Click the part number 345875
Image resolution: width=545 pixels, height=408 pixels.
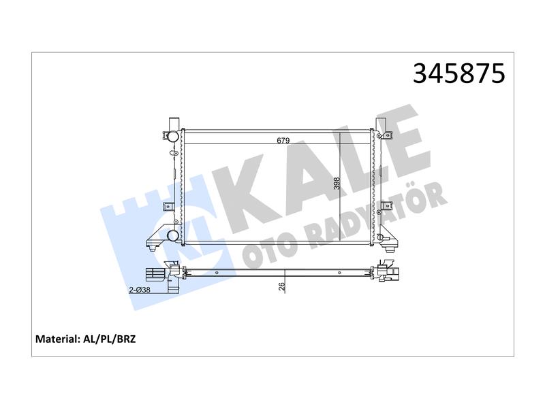(x=458, y=73)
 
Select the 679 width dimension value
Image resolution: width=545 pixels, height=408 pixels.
(x=283, y=141)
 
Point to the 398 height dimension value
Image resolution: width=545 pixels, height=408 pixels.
(x=337, y=183)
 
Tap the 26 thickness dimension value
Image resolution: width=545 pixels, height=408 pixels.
(x=282, y=286)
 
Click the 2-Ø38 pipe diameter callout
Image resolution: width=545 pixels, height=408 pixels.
(x=140, y=290)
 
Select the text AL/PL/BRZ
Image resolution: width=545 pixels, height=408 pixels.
(x=109, y=339)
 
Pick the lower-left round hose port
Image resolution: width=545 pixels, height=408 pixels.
(x=173, y=235)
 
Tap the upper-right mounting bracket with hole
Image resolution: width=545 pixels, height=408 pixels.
(x=386, y=135)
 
